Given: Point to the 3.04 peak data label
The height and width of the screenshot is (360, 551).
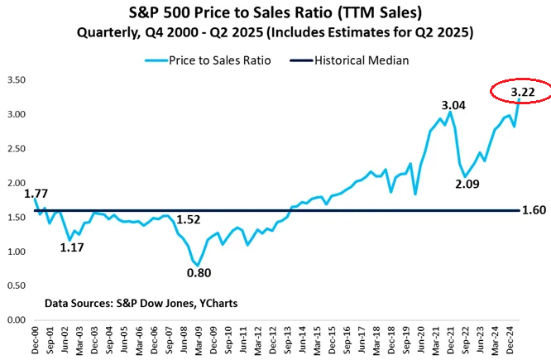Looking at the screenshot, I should click(452, 104).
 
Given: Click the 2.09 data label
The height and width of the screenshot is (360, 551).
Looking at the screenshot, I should click(468, 184).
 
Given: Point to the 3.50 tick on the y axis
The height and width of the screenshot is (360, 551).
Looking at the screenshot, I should click(17, 80).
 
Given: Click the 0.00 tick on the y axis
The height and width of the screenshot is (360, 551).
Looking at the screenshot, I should click(17, 319).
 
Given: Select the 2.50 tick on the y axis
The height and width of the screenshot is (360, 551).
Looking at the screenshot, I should click(17, 149).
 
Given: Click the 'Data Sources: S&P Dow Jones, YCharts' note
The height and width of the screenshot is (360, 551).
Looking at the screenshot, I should click(141, 304).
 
